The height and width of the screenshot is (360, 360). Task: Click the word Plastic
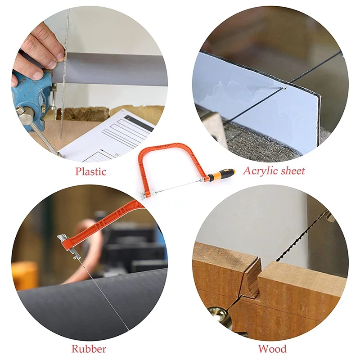(91, 171)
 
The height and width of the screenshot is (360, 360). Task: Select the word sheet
(292, 171)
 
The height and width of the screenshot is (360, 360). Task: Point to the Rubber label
(89, 349)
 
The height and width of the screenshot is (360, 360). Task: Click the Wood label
(273, 349)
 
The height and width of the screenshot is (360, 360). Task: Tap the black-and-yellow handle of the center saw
(221, 174)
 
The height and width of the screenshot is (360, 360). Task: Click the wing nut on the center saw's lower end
(143, 196)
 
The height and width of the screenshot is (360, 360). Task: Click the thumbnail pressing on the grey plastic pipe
(60, 56)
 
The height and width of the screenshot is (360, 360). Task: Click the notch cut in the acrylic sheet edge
(285, 86)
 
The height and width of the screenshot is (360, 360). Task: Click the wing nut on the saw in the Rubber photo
(61, 238)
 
